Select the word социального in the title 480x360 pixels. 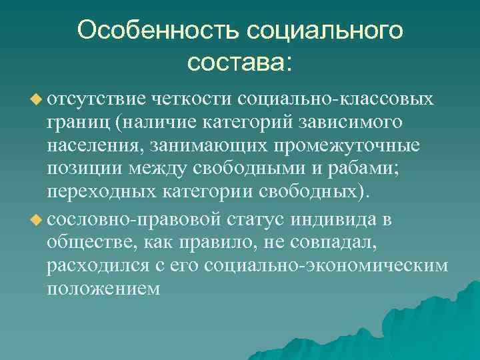[326, 31]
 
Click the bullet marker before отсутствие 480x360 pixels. [36, 99]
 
